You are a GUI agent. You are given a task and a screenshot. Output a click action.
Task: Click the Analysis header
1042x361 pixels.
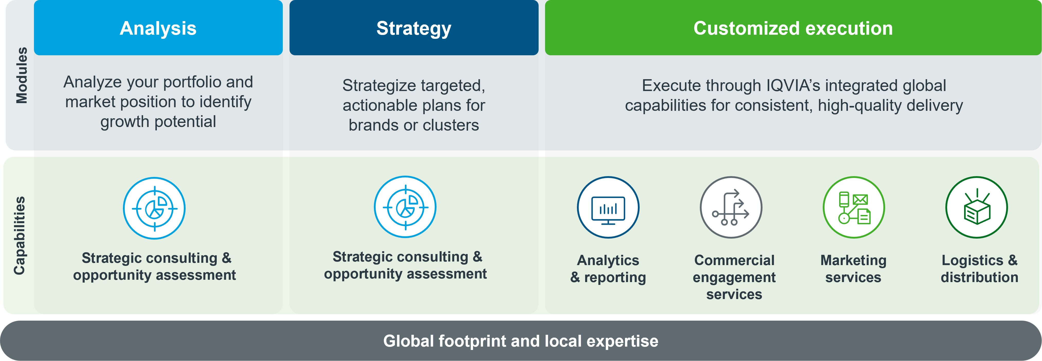(158, 28)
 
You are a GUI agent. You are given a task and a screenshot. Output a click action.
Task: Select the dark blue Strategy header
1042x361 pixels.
(414, 28)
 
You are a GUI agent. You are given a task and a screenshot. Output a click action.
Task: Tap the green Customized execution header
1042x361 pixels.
(793, 28)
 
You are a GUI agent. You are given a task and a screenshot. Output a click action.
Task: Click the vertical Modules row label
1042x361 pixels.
(21, 75)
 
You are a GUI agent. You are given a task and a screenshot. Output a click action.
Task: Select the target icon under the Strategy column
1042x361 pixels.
(405, 207)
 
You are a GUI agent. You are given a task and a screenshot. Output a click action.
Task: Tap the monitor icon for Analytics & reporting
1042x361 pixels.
(608, 207)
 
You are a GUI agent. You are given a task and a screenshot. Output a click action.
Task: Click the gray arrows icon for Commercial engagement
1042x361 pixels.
(731, 207)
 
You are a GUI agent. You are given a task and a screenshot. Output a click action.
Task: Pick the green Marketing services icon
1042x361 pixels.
(854, 207)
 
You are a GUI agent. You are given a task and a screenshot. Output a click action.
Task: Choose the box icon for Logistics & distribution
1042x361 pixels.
(976, 207)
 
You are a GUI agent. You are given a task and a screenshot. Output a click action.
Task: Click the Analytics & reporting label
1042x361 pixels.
(608, 269)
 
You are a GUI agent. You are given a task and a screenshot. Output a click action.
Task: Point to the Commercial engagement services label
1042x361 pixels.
(734, 277)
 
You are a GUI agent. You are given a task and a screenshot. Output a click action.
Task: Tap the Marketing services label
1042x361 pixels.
(854, 269)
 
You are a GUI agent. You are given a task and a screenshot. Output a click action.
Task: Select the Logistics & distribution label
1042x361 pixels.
(979, 269)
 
